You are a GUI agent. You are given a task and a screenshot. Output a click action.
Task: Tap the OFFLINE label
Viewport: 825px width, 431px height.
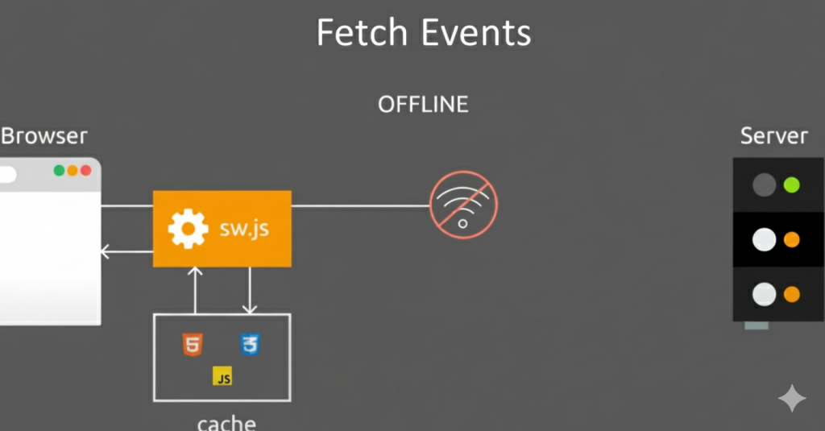pos(423,104)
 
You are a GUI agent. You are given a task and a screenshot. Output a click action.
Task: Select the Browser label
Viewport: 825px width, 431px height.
pos(44,136)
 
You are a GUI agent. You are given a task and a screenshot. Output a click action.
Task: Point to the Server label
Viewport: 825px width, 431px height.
pos(773,136)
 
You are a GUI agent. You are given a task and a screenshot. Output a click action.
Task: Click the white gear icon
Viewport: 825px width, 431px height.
pos(188,229)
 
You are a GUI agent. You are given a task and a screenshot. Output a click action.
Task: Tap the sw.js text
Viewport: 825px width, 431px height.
pos(244,229)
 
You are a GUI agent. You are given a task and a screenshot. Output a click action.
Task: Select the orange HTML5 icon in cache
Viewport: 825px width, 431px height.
pos(193,345)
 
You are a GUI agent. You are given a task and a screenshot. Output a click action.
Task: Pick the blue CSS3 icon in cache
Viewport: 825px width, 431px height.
pos(251,345)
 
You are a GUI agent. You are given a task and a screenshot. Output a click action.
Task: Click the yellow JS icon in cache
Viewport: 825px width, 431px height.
pos(222,375)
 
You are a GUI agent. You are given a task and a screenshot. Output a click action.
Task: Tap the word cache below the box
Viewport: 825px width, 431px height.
pos(226,423)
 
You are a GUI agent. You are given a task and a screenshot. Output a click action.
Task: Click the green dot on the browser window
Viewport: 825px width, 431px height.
pos(59,171)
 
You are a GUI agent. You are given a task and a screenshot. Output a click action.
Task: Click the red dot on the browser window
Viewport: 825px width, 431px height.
pos(85,171)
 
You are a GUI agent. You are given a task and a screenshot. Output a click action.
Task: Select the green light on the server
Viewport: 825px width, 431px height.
pos(791,185)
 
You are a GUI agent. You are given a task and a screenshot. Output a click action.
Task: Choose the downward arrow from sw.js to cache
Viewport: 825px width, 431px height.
pos(250,290)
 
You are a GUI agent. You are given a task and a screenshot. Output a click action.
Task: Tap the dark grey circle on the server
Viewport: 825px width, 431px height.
pos(764,185)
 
